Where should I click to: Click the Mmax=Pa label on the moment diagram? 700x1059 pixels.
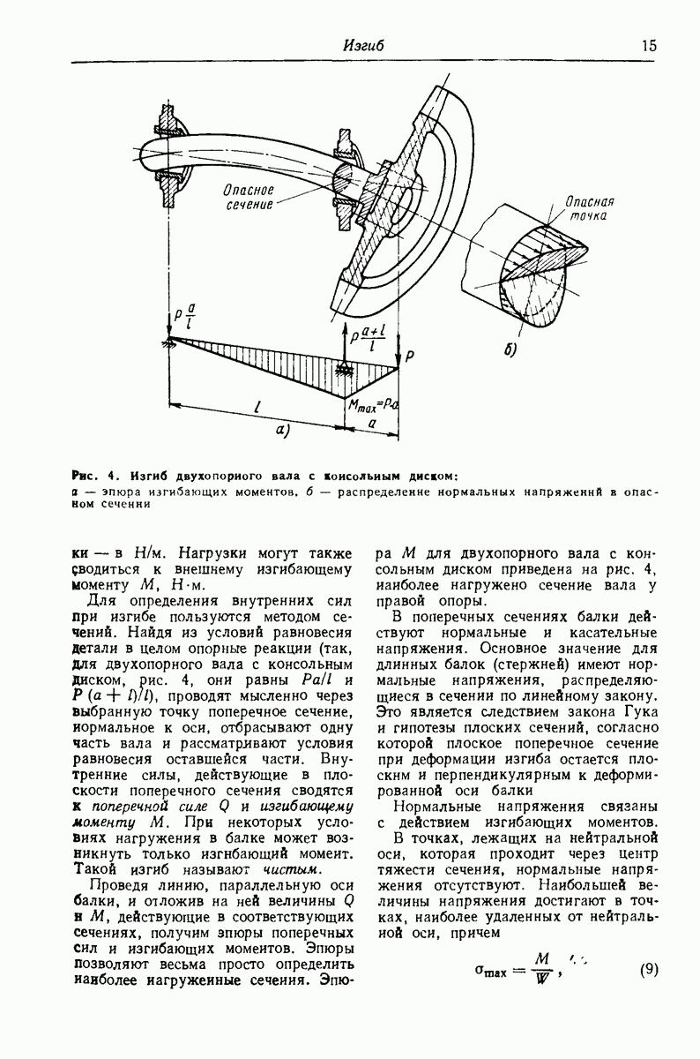[373, 406]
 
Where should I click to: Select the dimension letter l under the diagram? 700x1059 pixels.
[256, 407]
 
